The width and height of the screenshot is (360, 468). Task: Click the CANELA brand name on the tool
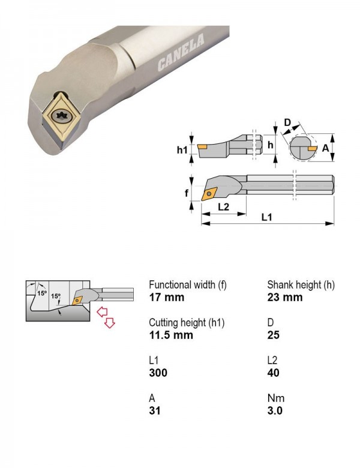pos(181,53)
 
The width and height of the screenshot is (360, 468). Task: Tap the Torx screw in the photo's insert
pos(62,116)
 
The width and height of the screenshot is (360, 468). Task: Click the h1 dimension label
pos(182,149)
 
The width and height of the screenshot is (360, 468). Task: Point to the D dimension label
pos(287,122)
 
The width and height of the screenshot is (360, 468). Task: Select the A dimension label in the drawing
pos(325,148)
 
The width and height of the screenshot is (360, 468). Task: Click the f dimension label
pos(186,193)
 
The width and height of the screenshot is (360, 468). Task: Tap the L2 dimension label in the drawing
pos(223,206)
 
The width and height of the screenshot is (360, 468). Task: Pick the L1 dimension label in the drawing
pos(266,217)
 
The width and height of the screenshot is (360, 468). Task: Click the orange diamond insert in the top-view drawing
pos(210,194)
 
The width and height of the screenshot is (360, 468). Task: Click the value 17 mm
pos(167,297)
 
